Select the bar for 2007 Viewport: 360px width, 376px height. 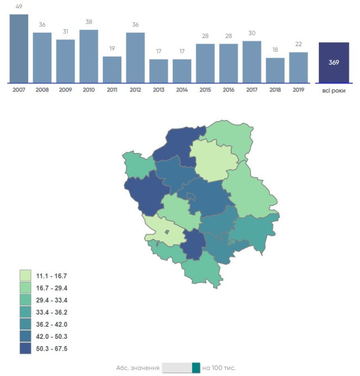click(19, 48)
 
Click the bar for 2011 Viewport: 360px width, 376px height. click(112, 69)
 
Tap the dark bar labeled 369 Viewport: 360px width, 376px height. click(334, 62)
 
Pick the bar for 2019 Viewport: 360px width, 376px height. click(299, 67)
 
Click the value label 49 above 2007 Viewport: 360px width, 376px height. click(19, 7)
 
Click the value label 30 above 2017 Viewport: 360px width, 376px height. click(252, 34)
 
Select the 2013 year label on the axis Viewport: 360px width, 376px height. click(159, 90)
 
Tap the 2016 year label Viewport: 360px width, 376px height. click(228, 90)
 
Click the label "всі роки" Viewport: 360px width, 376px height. click(334, 90)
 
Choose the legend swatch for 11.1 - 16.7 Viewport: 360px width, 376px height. click(25, 276)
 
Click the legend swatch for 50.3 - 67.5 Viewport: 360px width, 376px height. click(25, 348)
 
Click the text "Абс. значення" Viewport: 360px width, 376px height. click(137, 368)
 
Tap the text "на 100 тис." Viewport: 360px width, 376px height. click(219, 368)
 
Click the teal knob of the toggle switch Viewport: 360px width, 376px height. click(196, 368)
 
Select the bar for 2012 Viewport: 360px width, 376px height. click(135, 57)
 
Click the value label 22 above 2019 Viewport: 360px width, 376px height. click(299, 45)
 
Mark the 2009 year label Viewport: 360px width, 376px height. click(65, 90)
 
